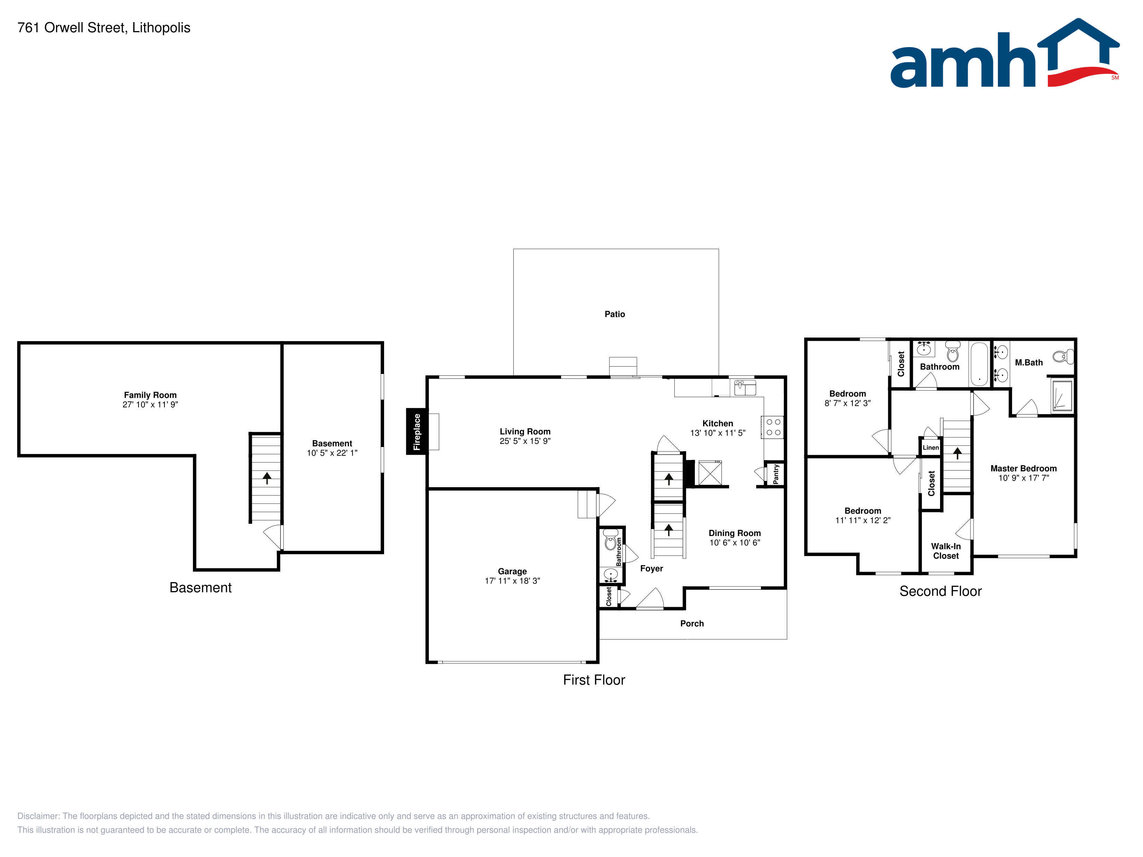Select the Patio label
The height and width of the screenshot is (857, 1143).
tap(615, 314)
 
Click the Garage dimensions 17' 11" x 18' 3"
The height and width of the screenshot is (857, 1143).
tap(512, 581)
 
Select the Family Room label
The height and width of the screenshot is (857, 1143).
tap(150, 395)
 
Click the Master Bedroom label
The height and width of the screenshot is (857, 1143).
tap(1023, 468)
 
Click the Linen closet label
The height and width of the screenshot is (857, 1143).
tap(931, 447)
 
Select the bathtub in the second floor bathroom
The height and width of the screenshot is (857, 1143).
tap(979, 364)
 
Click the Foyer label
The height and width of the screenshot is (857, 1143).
tap(651, 568)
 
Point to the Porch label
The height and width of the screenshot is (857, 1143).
tap(692, 624)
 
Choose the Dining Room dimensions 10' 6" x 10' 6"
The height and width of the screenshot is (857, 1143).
tap(734, 542)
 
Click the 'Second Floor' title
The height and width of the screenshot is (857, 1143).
tap(940, 591)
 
